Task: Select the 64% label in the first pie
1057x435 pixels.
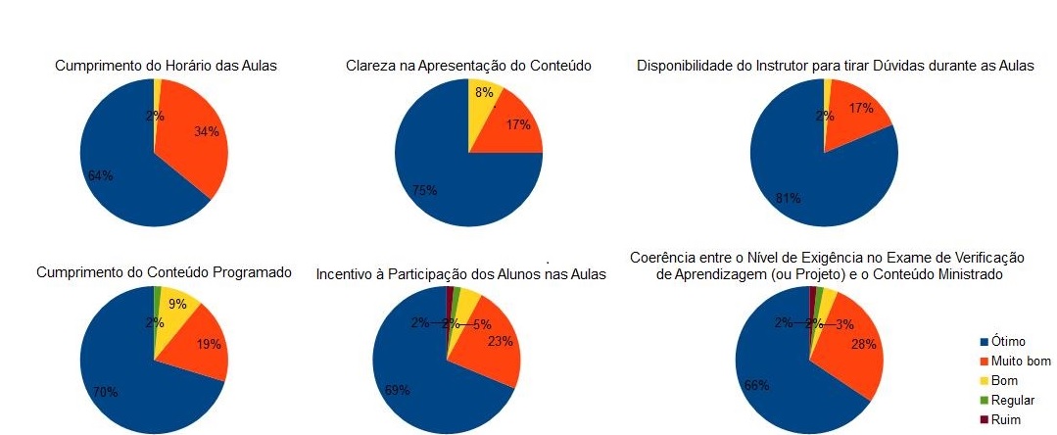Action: click(x=100, y=175)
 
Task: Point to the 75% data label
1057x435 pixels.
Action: click(x=425, y=190)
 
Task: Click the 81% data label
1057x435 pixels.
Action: click(x=789, y=198)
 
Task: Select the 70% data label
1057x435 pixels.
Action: click(x=106, y=392)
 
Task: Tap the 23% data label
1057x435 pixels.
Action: click(x=501, y=342)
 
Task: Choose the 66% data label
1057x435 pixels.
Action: click(x=756, y=386)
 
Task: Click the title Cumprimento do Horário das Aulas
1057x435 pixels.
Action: click(x=165, y=67)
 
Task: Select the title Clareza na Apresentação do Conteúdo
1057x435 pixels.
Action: click(x=468, y=67)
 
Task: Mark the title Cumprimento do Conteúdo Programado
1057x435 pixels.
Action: click(x=164, y=271)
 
